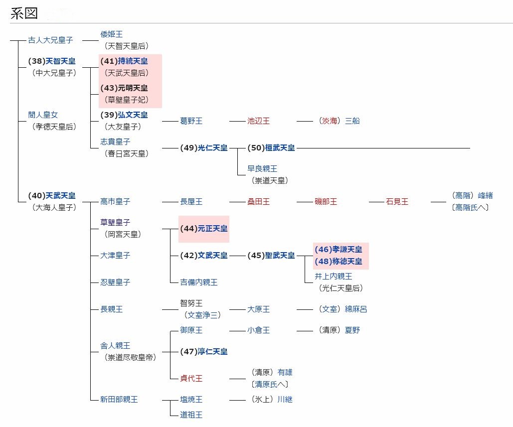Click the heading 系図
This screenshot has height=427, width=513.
click(x=24, y=13)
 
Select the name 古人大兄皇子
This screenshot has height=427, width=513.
click(x=50, y=40)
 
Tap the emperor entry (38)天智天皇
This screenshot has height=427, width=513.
click(x=52, y=61)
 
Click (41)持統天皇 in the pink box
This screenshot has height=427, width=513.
click(x=124, y=61)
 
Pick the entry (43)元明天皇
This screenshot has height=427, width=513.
click(x=124, y=88)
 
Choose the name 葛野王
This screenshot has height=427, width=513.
click(x=191, y=121)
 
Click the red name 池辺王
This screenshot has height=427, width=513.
click(x=258, y=121)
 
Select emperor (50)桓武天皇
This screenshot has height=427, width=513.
click(x=271, y=148)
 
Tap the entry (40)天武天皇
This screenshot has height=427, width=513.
click(x=52, y=196)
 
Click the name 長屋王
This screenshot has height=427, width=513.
click(x=191, y=202)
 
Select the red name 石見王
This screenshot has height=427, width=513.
click(x=397, y=202)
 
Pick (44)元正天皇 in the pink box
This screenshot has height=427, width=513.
click(x=204, y=229)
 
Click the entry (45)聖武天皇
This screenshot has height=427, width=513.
click(x=271, y=256)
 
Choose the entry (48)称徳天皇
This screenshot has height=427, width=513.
click(x=339, y=262)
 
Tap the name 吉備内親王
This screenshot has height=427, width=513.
click(x=198, y=283)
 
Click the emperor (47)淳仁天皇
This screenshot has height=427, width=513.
click(x=204, y=351)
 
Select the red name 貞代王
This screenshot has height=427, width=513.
click(x=191, y=378)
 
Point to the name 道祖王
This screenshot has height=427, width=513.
click(x=191, y=415)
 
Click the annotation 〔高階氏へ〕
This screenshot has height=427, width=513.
click(x=470, y=207)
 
